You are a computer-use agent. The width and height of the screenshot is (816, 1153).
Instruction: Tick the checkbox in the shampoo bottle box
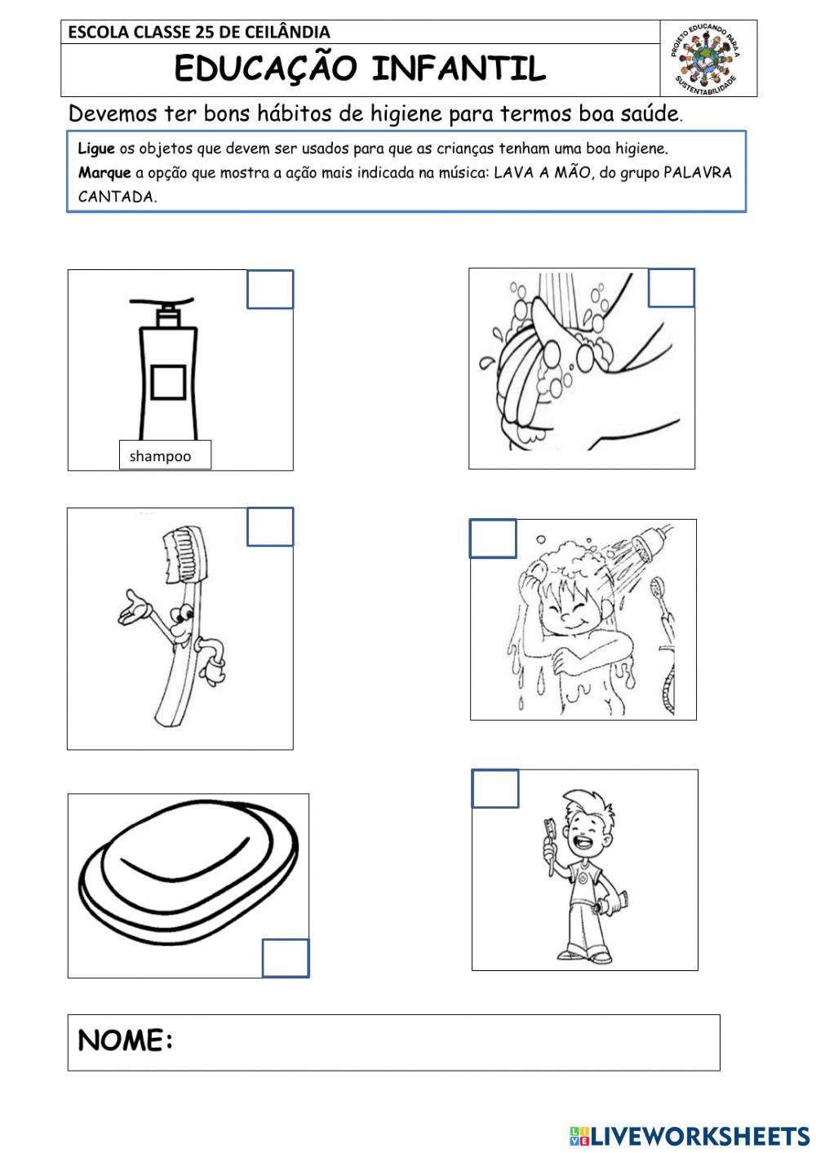coord(270,290)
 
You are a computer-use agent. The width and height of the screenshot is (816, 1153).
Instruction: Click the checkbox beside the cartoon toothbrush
coord(270,526)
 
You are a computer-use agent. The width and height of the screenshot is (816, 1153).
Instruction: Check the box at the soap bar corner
coord(286,958)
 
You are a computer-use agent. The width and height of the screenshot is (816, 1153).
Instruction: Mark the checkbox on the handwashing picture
coord(672,288)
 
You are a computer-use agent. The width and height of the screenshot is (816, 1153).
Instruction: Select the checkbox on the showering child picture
coord(493,539)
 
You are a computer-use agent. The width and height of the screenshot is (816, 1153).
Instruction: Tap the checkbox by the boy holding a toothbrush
coord(495,788)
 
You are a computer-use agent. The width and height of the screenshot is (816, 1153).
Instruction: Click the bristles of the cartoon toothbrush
coord(180,553)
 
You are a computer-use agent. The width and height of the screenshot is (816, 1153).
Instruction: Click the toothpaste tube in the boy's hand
coord(611,902)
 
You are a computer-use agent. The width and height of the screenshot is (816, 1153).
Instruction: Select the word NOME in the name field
coord(125,1040)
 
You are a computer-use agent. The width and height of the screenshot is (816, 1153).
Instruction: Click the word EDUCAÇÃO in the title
coord(266,69)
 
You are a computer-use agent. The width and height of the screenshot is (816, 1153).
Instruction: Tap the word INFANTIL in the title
coord(459,69)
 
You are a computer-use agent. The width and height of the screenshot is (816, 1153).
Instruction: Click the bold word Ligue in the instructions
coord(96,149)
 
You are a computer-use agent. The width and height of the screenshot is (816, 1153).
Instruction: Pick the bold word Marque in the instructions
coord(104,172)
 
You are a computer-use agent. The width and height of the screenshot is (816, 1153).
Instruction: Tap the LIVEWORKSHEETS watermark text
coord(690,1136)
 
